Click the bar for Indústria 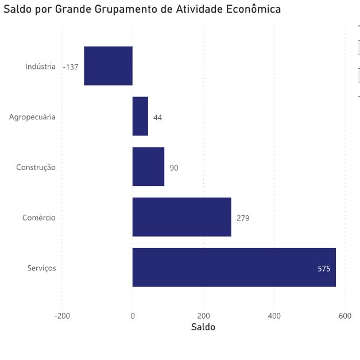pyautogui.click(x=108, y=65)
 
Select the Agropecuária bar pyautogui.click(x=140, y=116)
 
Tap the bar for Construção pyautogui.click(x=148, y=167)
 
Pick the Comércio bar pyautogui.click(x=181, y=217)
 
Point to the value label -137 pyautogui.click(x=71, y=67)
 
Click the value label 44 pyautogui.click(x=157, y=118)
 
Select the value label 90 pyautogui.click(x=174, y=168)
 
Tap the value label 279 pyautogui.click(x=243, y=219)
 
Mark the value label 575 pyautogui.click(x=324, y=269)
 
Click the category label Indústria pyautogui.click(x=40, y=67)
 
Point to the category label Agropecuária pyautogui.click(x=32, y=118)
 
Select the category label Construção pyautogui.click(x=36, y=168)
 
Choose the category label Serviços pyautogui.click(x=41, y=269)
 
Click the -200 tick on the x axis pyautogui.click(x=61, y=316)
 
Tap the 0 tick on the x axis pyautogui.click(x=133, y=316)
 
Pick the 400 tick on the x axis pyautogui.click(x=274, y=316)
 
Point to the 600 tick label pyautogui.click(x=344, y=316)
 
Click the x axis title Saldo pyautogui.click(x=203, y=327)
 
